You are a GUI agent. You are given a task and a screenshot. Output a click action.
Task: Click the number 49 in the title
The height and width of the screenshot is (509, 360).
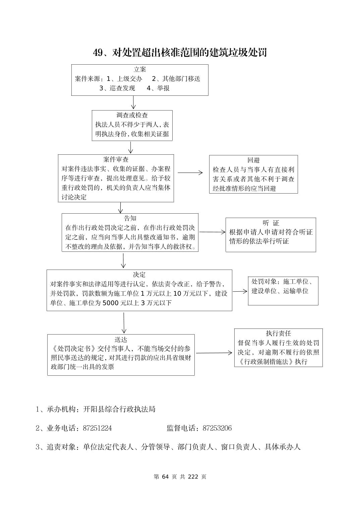pyautogui.click(x=98, y=53)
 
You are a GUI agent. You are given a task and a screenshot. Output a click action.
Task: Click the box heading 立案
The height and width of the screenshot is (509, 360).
pyautogui.click(x=140, y=70)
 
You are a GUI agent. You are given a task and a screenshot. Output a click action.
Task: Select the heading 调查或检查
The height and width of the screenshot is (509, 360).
pyautogui.click(x=132, y=116)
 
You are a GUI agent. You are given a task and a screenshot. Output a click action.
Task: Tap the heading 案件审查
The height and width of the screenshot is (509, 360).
pyautogui.click(x=116, y=159)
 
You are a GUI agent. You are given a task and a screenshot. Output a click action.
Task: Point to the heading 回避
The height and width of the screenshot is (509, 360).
pyautogui.click(x=253, y=160)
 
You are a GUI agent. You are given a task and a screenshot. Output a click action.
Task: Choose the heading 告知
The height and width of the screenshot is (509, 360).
pyautogui.click(x=130, y=219)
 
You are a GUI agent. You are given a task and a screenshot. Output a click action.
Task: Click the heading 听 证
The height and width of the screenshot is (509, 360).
pyautogui.click(x=271, y=223)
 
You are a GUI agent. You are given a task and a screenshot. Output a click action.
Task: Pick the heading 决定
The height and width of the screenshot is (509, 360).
pyautogui.click(x=139, y=275)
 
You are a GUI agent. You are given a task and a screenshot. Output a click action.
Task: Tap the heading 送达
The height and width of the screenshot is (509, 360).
pyautogui.click(x=121, y=340)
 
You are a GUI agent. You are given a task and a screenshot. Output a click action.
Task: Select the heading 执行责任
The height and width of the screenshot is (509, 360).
pyautogui.click(x=278, y=334)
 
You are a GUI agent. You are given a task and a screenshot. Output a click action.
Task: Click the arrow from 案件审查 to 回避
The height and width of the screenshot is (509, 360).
pyautogui.click(x=190, y=173)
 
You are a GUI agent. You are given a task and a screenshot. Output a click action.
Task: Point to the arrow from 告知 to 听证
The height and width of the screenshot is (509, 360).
pyautogui.click(x=212, y=232)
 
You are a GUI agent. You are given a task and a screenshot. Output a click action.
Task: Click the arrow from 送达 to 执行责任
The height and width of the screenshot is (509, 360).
pyautogui.click(x=214, y=353)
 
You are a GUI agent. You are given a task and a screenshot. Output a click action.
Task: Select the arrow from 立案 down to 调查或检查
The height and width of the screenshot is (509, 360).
pyautogui.click(x=133, y=102)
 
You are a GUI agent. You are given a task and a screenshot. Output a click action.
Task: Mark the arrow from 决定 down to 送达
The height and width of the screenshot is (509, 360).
pyautogui.click(x=124, y=323)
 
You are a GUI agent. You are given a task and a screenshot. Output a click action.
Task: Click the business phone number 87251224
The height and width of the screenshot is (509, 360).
pyautogui.click(x=97, y=428)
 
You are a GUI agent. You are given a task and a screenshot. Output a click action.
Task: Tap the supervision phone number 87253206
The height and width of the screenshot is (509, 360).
pyautogui.click(x=217, y=428)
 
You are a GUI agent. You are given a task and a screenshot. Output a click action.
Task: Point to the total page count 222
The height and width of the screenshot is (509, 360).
pyautogui.click(x=193, y=477)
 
